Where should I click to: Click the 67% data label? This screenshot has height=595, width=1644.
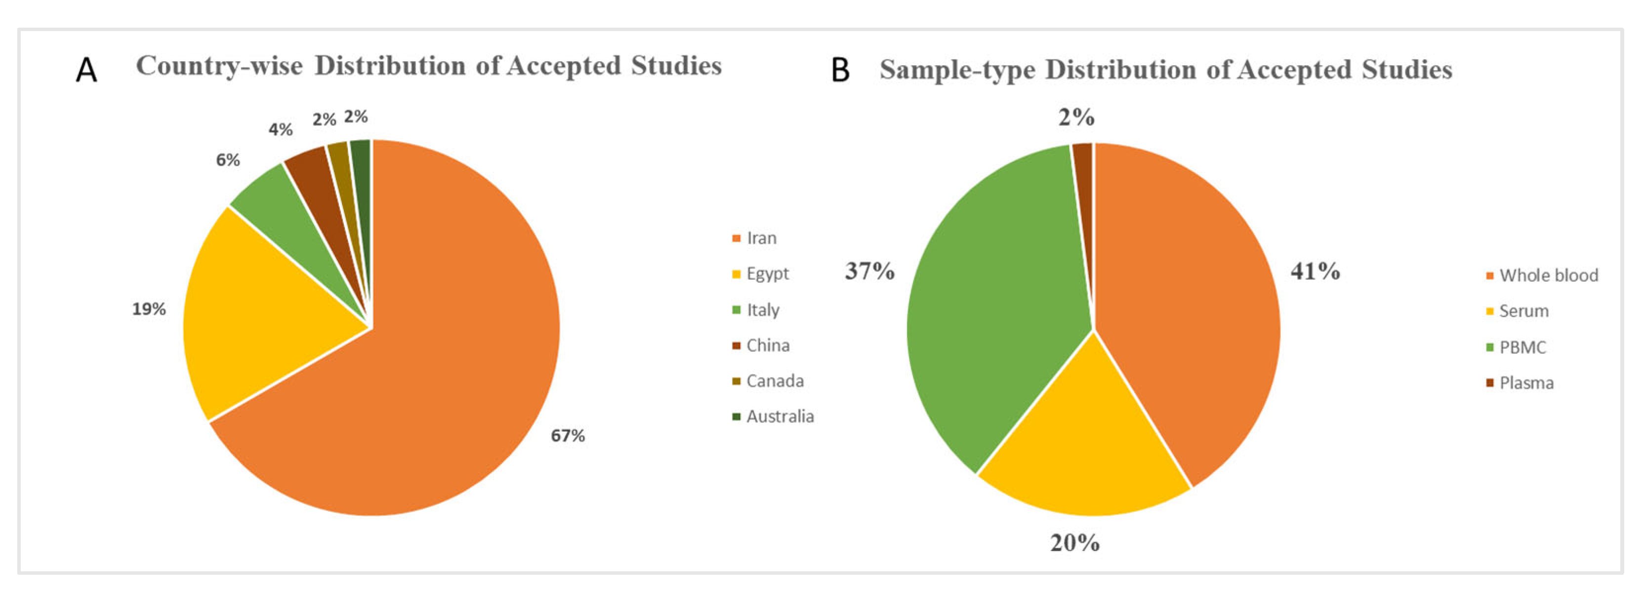(x=568, y=436)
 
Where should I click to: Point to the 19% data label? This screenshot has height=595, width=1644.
(x=149, y=309)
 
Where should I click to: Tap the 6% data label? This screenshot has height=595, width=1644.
(x=228, y=159)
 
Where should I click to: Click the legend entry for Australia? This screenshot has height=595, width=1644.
(x=773, y=416)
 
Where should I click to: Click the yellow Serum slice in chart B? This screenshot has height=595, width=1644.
(x=1085, y=446)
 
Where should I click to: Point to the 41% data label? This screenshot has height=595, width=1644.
(x=1315, y=272)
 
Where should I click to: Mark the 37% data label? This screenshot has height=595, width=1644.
(x=869, y=272)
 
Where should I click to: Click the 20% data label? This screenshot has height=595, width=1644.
(x=1075, y=543)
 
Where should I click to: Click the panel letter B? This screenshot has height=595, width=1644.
(x=840, y=70)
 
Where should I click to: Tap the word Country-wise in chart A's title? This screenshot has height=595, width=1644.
(x=219, y=66)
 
